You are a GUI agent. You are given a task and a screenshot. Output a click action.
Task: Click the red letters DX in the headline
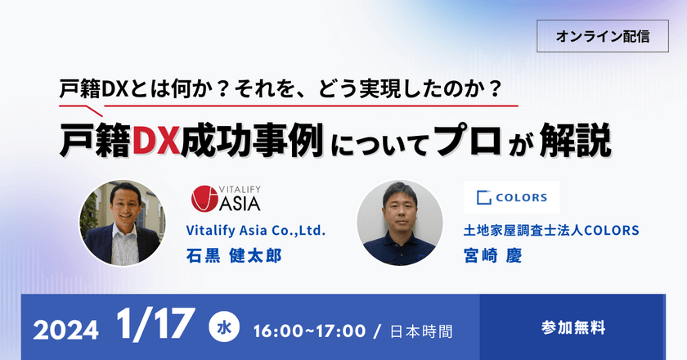pyautogui.click(x=156, y=142)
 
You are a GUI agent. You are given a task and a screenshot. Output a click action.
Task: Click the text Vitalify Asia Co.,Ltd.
pyautogui.click(x=256, y=232)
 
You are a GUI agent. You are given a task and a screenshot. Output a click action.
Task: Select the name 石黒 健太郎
pyautogui.click(x=234, y=255)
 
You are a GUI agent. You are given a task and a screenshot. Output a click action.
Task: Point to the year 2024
pyautogui.click(x=65, y=331)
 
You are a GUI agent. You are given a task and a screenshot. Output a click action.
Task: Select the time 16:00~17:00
pyautogui.click(x=310, y=331)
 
